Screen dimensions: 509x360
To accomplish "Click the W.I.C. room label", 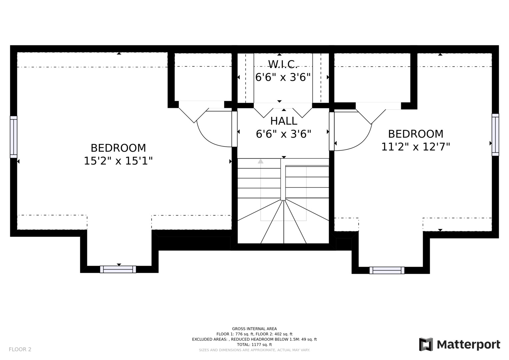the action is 283,64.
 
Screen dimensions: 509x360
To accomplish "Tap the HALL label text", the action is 284,121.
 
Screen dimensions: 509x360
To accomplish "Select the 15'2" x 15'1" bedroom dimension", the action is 118,161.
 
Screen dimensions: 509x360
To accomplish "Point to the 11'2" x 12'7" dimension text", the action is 416,147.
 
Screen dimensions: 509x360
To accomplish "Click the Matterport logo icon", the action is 426,344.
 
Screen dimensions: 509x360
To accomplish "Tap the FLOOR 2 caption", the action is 20,349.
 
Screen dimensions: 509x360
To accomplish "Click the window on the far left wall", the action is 14,137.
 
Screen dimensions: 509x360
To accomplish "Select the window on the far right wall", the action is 495,135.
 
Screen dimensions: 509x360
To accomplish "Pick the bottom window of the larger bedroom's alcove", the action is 118,269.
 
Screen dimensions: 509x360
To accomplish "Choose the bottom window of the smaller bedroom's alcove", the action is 387,270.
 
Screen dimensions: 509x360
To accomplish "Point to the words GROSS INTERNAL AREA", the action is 254,329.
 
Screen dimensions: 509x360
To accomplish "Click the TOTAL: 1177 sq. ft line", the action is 254,345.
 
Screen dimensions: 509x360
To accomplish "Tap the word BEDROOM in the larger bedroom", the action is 118,148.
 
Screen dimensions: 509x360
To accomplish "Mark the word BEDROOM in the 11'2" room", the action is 416,134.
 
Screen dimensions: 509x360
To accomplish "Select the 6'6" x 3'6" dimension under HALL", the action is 283,134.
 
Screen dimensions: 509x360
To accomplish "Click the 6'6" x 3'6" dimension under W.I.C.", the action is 283,77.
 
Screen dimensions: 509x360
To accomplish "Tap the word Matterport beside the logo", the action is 469,345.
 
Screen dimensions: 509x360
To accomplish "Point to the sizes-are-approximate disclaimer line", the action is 254,350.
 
